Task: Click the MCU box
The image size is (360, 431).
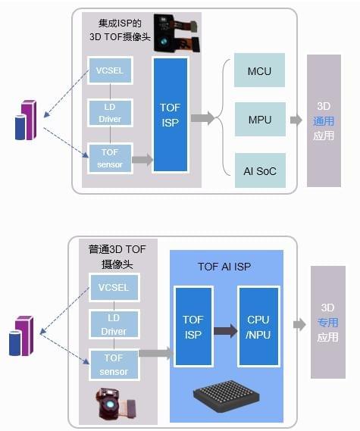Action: tap(259, 70)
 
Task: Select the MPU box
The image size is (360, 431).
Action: tap(260, 119)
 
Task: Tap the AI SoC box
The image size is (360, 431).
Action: tap(260, 170)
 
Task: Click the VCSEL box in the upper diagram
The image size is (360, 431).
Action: tap(110, 70)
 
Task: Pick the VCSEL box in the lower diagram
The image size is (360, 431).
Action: tap(114, 287)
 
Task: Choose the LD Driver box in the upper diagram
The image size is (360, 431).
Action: tap(110, 113)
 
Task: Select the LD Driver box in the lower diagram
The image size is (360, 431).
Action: tap(114, 324)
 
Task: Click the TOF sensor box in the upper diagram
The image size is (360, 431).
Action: tap(110, 158)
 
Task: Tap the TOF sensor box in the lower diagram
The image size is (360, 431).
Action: tap(114, 365)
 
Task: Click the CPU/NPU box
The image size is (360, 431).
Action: tap(258, 326)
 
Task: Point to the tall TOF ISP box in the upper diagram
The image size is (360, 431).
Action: tap(171, 115)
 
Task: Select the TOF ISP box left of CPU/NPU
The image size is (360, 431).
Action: tap(193, 326)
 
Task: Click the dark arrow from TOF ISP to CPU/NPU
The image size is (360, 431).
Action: tap(226, 331)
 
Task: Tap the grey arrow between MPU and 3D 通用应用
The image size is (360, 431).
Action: tap(296, 120)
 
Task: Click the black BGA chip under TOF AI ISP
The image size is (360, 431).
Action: tap(227, 396)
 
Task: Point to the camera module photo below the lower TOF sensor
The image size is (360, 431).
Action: tap(115, 403)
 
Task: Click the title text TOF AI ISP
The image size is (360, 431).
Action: tap(224, 267)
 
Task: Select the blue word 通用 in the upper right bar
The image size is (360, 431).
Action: tap(324, 121)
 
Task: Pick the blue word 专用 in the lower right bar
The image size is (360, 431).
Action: tap(327, 323)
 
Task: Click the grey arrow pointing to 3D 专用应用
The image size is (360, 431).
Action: tap(299, 325)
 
